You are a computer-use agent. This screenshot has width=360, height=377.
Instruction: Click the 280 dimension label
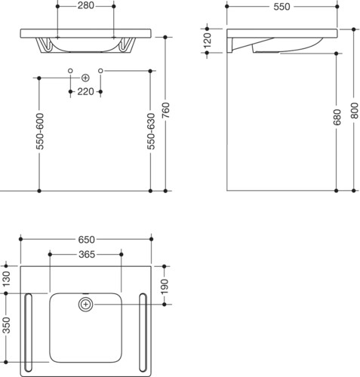85,5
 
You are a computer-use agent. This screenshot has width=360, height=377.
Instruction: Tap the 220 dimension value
85,92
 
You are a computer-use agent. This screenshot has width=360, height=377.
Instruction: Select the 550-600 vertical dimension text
40,131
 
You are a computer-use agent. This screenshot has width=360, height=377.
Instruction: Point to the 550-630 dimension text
151,131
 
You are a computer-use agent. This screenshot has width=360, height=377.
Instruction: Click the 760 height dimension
166,111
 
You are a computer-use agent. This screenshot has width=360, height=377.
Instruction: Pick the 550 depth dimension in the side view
282,7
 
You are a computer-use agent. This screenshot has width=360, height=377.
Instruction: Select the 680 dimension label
337,117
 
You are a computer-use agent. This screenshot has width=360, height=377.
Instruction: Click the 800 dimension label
354,111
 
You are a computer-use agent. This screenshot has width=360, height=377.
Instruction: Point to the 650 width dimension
86,240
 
